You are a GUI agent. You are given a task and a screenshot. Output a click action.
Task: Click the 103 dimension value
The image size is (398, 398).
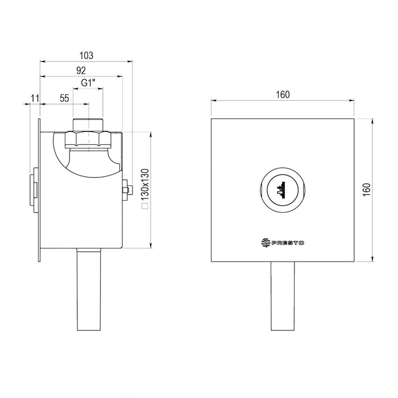click(x=86, y=55)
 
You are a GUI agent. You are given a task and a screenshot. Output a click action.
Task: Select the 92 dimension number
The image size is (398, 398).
click(x=80, y=71)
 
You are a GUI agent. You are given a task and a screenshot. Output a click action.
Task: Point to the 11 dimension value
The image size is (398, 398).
click(x=35, y=98)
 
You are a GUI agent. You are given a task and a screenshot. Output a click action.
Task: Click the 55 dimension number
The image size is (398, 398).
click(x=64, y=98)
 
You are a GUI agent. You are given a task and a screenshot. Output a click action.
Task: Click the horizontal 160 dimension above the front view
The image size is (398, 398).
click(x=283, y=95)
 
